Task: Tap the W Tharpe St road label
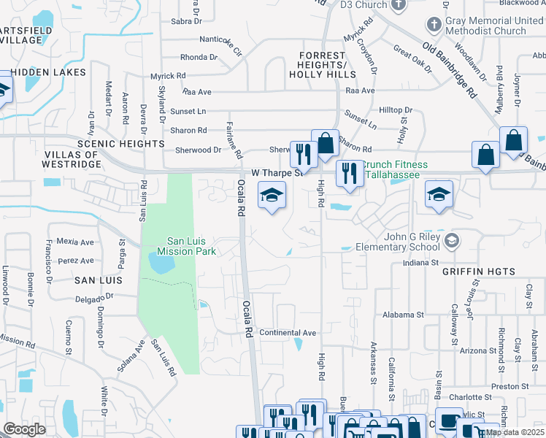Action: [277, 173]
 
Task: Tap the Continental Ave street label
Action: [288, 333]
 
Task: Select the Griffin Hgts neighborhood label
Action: [478, 272]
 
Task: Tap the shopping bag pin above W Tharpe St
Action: [325, 142]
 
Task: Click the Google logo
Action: [24, 429]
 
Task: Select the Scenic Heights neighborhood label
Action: [120, 144]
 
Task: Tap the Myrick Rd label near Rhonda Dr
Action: [168, 76]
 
